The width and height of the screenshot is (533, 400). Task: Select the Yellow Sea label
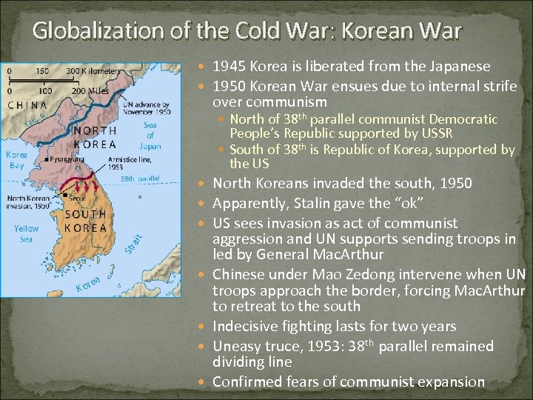26,233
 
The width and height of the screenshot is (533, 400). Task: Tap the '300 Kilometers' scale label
93,70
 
